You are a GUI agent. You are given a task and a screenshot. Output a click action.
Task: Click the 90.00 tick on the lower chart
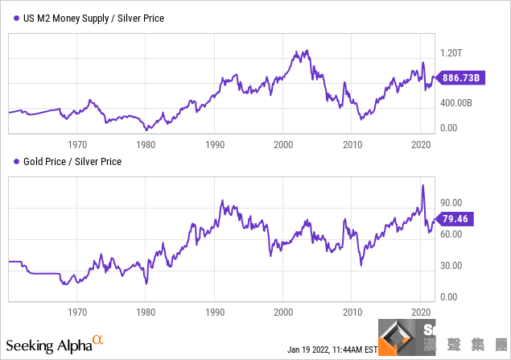point(451,203)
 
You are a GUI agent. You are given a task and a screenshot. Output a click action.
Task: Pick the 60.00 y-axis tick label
point(451,234)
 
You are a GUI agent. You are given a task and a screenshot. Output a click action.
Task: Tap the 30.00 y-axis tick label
point(451,266)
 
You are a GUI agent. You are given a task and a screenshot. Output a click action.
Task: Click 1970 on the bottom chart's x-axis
point(77,311)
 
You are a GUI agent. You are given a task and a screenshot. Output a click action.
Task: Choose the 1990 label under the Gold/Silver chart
point(215,311)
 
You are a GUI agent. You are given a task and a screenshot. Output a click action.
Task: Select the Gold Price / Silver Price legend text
point(73,162)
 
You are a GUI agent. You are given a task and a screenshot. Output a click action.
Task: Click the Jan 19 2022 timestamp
point(332,350)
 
